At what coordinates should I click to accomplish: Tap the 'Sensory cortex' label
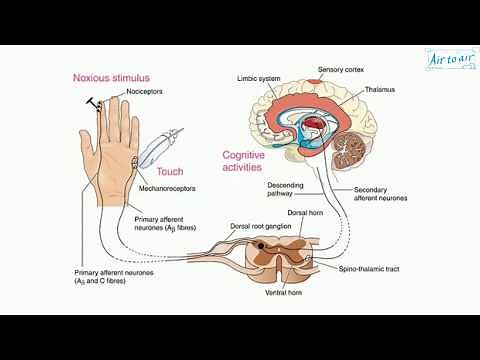(x=340, y=69)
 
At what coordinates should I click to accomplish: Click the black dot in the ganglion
(x=262, y=245)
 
